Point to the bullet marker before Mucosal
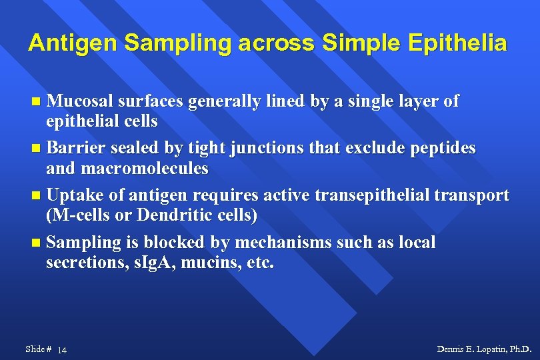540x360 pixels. [37, 102]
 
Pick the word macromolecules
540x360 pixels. [145, 169]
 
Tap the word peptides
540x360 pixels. [445, 148]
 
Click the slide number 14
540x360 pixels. [63, 350]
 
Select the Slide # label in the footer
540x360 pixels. [38, 349]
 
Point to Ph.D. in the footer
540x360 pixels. [521, 349]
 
